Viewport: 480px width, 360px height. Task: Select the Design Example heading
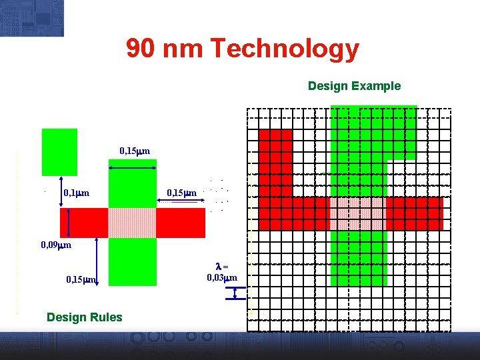[354, 86]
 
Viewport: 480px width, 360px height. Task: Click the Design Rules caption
[85, 317]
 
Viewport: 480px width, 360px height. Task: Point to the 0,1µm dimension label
[77, 193]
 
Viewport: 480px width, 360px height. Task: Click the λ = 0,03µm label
[222, 272]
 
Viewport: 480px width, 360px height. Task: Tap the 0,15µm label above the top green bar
[135, 152]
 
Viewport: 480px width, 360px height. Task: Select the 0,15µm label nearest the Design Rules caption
[81, 279]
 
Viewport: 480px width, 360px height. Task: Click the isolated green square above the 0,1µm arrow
[59, 152]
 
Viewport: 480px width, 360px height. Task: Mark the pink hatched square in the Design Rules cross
[132, 223]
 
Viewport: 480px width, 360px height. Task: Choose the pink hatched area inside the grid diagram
[358, 213]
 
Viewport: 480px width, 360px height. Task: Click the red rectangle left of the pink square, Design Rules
[84, 223]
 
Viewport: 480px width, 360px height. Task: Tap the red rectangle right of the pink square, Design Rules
[181, 223]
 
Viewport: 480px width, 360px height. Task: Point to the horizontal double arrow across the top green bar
[132, 169]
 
